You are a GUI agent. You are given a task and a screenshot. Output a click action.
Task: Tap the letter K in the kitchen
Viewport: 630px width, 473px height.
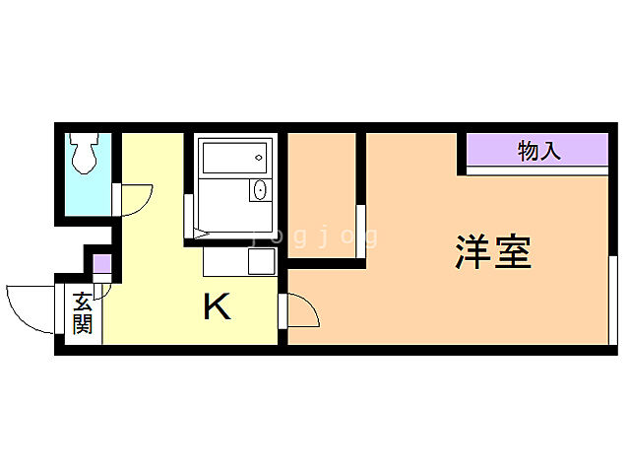pos(217,308)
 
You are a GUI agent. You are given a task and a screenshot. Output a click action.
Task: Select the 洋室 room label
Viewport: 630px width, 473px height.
pos(493,253)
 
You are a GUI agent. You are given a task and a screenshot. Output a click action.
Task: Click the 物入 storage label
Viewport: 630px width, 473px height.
pos(538,151)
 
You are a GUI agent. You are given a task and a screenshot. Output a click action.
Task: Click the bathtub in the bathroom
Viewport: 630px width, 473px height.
pos(233,156)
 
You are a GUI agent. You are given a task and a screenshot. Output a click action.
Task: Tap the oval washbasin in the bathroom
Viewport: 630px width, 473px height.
pos(260,190)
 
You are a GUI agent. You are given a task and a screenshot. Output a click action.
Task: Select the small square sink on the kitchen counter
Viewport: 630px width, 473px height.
pos(261,261)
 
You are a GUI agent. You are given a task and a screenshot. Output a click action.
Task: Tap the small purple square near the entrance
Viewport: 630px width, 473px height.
pos(101,264)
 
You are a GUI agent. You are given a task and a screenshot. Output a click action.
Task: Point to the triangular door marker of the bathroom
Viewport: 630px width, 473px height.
pos(202,235)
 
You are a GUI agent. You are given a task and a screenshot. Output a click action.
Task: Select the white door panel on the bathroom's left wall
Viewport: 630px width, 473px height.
pos(188,215)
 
